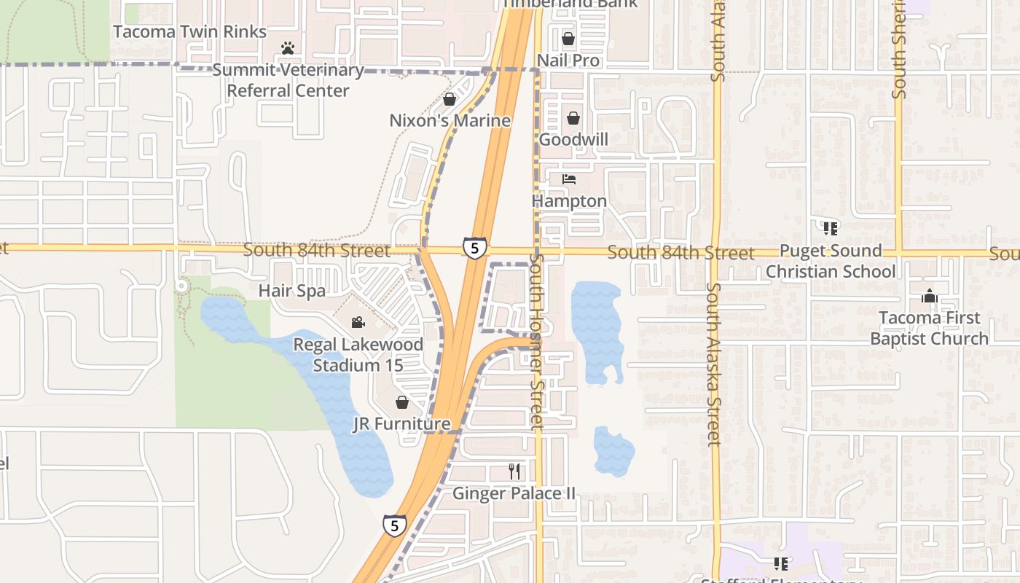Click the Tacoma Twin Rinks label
click(190, 32)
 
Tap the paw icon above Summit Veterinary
click(289, 49)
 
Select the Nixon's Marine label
click(450, 120)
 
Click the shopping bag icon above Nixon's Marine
click(450, 99)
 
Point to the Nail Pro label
click(568, 60)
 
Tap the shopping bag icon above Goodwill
click(573, 118)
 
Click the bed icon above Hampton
click(569, 179)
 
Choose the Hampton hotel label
click(569, 201)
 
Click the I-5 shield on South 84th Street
click(474, 249)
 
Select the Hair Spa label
click(292, 291)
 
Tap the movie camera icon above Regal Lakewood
click(358, 322)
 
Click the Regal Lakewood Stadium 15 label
click(358, 354)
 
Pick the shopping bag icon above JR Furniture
click(401, 402)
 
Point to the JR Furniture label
click(401, 424)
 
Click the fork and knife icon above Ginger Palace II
click(514, 472)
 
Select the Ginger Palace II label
click(514, 493)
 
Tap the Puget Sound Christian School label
click(831, 261)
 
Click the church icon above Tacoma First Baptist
click(930, 297)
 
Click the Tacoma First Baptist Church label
click(930, 328)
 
